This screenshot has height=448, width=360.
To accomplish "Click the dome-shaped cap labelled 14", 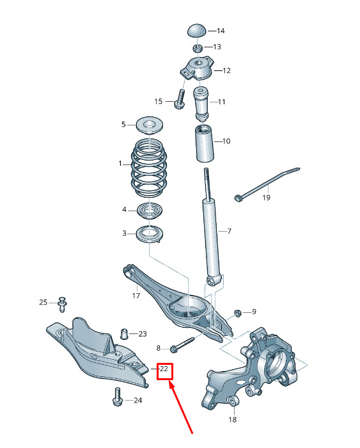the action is pyautogui.click(x=197, y=31).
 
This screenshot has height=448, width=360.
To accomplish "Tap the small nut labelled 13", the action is pyautogui.click(x=198, y=48).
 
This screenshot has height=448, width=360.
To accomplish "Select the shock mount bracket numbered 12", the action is pyautogui.click(x=197, y=68).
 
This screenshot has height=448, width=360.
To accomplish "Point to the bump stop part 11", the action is pyautogui.click(x=201, y=104).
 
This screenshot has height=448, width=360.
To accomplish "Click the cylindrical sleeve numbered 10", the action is pyautogui.click(x=205, y=143).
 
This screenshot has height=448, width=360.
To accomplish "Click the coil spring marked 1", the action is pyautogui.click(x=149, y=168).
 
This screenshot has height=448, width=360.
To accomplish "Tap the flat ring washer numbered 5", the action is pyautogui.click(x=150, y=125).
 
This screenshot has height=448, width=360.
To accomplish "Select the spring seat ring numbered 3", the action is pyautogui.click(x=150, y=234).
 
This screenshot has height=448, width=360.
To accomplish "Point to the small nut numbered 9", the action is pyautogui.click(x=237, y=313).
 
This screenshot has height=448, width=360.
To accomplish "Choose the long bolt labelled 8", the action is pyautogui.click(x=182, y=344).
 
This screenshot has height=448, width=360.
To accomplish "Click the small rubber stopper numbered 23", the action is pyautogui.click(x=124, y=333).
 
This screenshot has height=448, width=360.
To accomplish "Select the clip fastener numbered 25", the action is pyautogui.click(x=62, y=304).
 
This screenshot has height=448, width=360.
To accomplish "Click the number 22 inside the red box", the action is pyautogui.click(x=164, y=369).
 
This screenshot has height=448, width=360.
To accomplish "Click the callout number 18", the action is pyautogui.click(x=233, y=419).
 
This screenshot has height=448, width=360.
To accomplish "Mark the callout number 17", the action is pyautogui.click(x=136, y=296).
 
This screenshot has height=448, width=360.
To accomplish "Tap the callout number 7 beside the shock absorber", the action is pyautogui.click(x=230, y=231).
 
